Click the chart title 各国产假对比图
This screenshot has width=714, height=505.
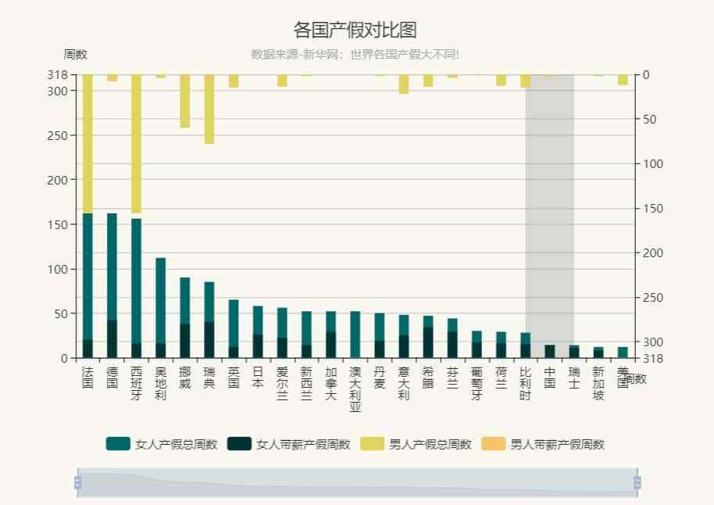pos(355,30)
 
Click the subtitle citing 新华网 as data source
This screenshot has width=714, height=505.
pos(355,55)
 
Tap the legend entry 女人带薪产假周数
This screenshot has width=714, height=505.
pos(288,444)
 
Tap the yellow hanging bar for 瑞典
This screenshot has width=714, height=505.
pos(209,109)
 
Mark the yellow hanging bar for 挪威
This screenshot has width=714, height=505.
pos(185,101)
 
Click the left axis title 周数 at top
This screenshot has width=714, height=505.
pos(75,55)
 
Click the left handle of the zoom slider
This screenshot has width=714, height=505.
pos(77,482)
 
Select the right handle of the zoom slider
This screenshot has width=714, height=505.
pos(637,482)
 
